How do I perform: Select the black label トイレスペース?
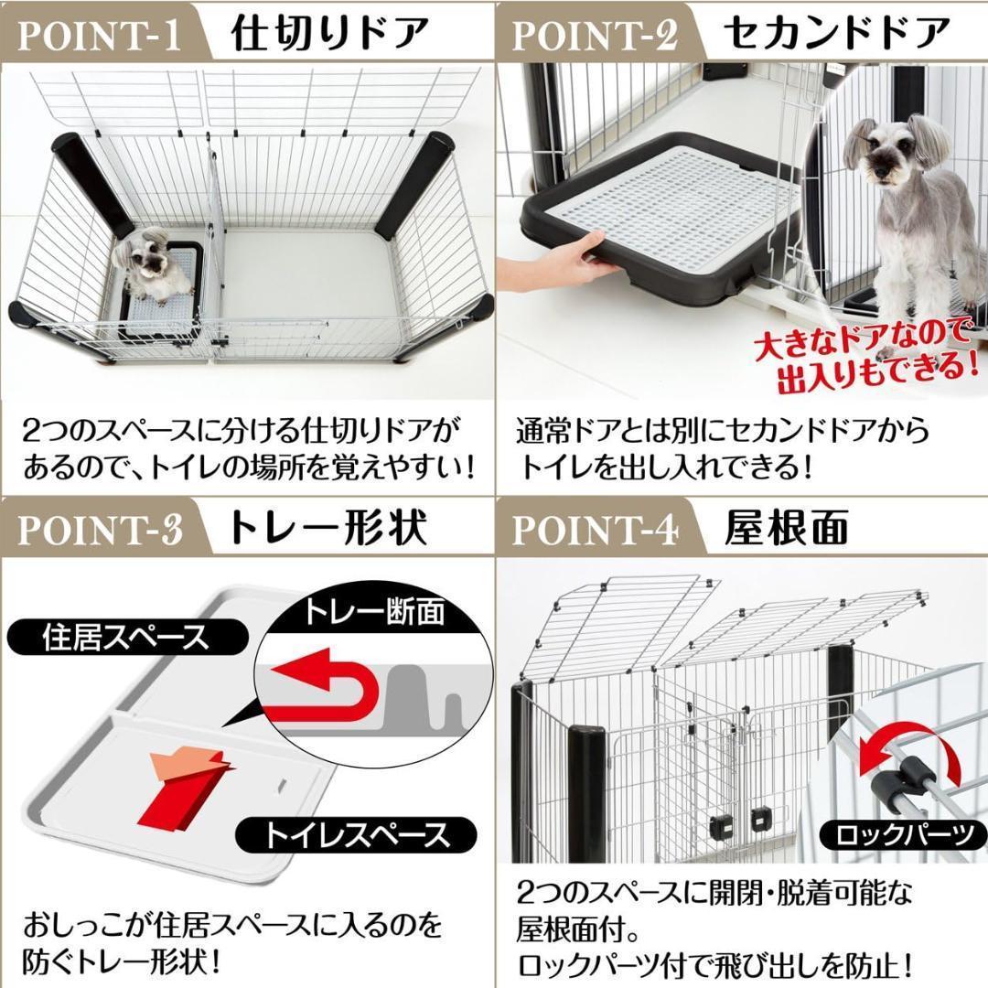point(357,835)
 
